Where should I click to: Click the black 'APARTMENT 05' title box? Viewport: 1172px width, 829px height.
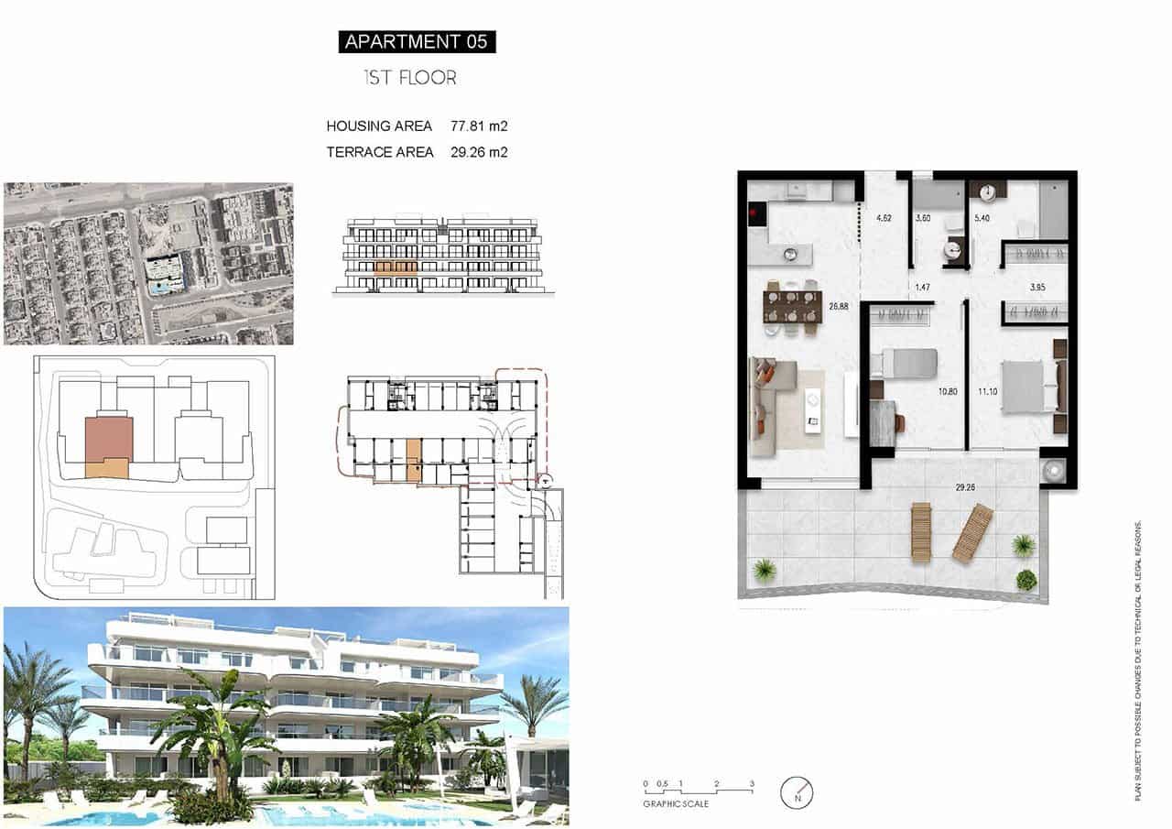(417, 41)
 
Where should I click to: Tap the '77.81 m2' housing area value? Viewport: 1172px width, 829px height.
(479, 125)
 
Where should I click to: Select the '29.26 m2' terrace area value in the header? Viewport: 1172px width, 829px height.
(479, 152)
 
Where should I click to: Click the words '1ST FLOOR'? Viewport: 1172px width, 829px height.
(410, 78)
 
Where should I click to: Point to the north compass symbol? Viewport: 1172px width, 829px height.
(797, 791)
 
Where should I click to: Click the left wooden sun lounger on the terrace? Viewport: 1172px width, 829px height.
(920, 532)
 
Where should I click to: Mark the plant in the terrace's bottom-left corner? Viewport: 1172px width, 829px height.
(764, 572)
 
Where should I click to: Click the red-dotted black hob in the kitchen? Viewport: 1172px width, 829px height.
(755, 214)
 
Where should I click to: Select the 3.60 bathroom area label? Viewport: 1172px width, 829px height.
(923, 218)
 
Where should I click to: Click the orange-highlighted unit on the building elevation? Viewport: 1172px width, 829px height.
(396, 267)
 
